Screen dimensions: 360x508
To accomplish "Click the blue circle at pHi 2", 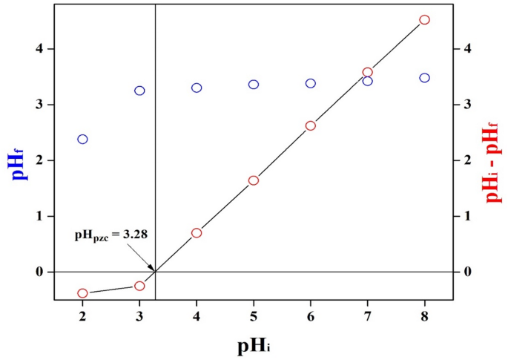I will tap(82, 139).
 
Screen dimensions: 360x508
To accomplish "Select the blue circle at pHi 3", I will tap(139, 91).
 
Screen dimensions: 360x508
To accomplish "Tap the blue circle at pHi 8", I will tap(425, 78).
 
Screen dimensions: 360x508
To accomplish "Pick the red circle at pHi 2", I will tap(82, 293).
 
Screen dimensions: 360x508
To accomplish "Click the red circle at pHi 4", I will tap(197, 232).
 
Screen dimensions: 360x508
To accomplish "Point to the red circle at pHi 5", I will tap(254, 180).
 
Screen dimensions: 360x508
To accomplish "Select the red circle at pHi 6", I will tap(311, 125).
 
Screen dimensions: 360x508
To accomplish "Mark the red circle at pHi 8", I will tap(425, 20).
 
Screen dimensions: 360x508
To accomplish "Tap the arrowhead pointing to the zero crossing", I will tap(152, 269).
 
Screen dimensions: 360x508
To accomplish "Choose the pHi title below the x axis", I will tap(253, 345).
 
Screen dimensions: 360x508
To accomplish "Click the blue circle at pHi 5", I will tap(254, 85).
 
